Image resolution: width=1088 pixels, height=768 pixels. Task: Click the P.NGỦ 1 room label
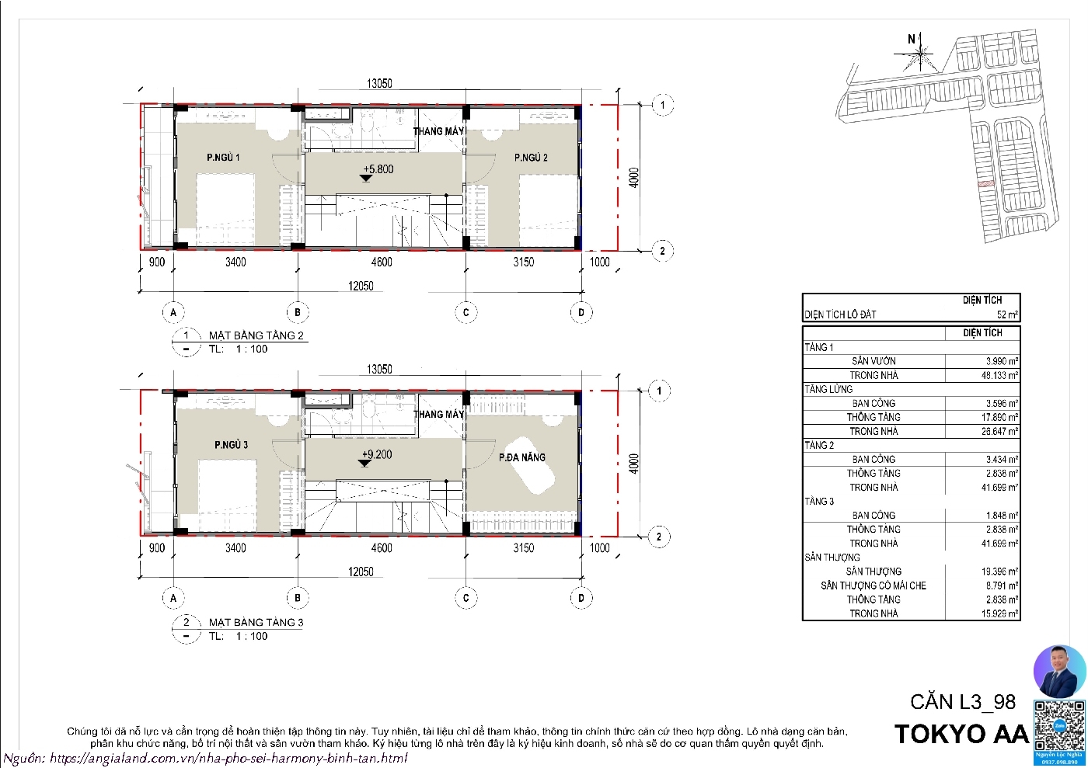coord(223,158)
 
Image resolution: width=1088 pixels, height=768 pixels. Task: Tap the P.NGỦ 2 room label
coord(531,158)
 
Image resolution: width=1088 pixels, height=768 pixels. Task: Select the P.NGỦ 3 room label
coord(231,445)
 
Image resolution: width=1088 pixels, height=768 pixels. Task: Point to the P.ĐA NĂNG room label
coord(522,457)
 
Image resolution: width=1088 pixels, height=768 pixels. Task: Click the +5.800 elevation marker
coord(378,169)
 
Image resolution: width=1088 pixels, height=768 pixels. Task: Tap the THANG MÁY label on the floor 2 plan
coord(438,131)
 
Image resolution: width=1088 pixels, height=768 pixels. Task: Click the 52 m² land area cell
coord(1006,314)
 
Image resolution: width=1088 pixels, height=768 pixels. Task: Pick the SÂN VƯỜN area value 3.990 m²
coord(1001,361)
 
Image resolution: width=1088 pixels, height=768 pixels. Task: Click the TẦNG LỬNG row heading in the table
coord(828,389)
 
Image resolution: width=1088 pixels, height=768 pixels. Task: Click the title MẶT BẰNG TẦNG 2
coord(256,335)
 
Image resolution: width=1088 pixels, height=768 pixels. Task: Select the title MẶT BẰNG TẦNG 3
coord(256,622)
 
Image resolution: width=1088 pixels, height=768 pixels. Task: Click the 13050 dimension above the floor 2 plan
coord(379,83)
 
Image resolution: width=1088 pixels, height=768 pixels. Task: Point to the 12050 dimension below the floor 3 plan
coord(361,572)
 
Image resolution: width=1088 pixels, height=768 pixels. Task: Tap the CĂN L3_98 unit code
coord(963,702)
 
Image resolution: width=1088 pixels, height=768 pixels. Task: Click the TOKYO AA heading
coord(961,734)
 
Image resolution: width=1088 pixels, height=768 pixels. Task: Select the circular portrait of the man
coord(1058,671)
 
